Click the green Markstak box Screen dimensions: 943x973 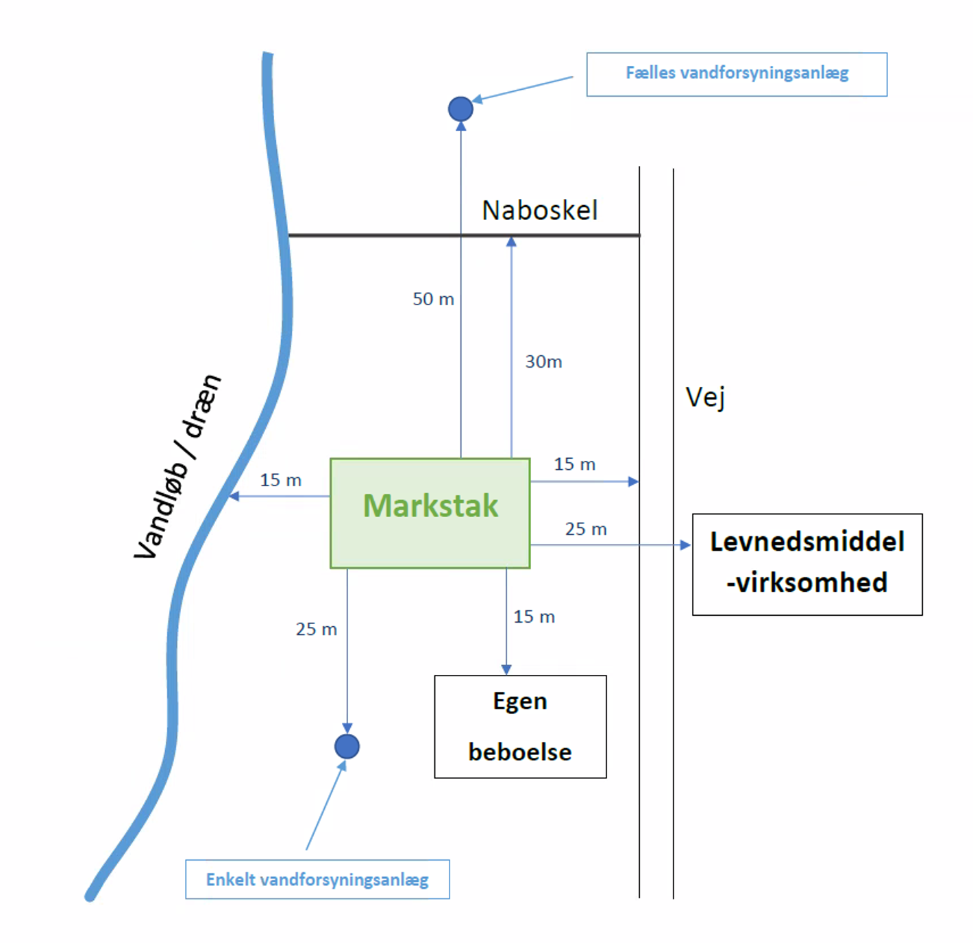click(430, 513)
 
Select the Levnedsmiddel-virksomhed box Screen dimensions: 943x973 click(806, 564)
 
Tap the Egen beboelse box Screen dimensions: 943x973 click(520, 726)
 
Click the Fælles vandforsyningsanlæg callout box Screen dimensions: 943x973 click(737, 74)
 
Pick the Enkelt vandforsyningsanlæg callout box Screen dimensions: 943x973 click(317, 879)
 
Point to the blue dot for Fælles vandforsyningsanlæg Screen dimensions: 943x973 click(460, 108)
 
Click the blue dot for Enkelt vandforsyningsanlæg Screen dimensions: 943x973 click(347, 746)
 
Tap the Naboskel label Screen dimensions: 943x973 click(539, 211)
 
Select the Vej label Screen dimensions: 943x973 click(705, 397)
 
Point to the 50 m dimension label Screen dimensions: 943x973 click(433, 299)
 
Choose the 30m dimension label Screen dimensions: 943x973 click(543, 361)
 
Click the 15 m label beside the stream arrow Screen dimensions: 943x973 click(280, 480)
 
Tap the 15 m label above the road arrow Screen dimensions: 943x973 click(574, 464)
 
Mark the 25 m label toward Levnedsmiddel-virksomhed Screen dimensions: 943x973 click(586, 529)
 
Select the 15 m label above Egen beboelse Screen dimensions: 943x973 click(534, 617)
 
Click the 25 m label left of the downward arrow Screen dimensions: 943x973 click(316, 629)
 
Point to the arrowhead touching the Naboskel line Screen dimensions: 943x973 click(511, 241)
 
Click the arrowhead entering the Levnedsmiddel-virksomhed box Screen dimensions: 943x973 click(686, 545)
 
